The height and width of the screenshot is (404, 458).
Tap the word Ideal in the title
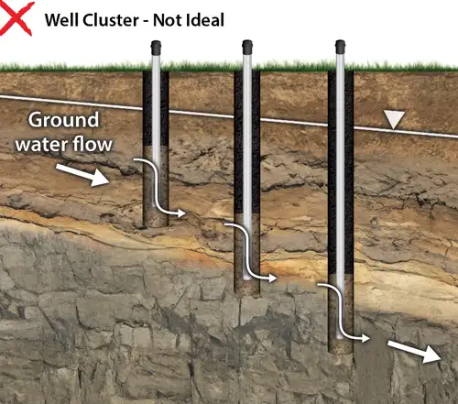[202, 18]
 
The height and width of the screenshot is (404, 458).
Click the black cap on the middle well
[247, 46]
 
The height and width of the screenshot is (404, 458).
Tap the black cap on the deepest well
[340, 45]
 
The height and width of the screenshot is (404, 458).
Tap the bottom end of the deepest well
[340, 348]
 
